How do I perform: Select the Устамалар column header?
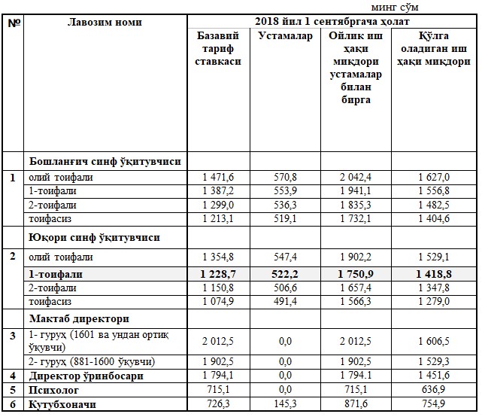click(285, 36)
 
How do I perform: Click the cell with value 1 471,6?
click(219, 177)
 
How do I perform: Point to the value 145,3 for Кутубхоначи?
click(285, 404)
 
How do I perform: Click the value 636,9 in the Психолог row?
click(434, 389)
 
